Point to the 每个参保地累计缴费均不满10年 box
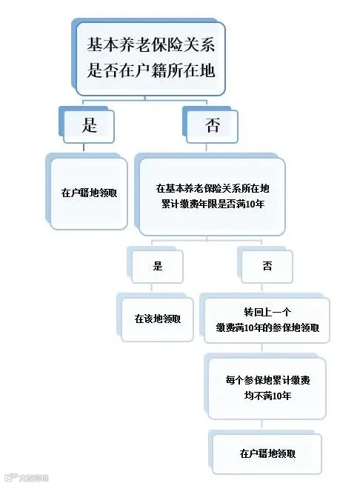[267, 388]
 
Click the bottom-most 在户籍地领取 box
[267, 454]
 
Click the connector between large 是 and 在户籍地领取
[84, 147]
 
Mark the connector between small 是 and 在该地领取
[152, 287]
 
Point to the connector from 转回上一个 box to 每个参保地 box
[262, 347]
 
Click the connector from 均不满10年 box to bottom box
[262, 424]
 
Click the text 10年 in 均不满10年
[282, 396]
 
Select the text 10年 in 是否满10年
[256, 204]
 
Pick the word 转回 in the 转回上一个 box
[253, 312]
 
